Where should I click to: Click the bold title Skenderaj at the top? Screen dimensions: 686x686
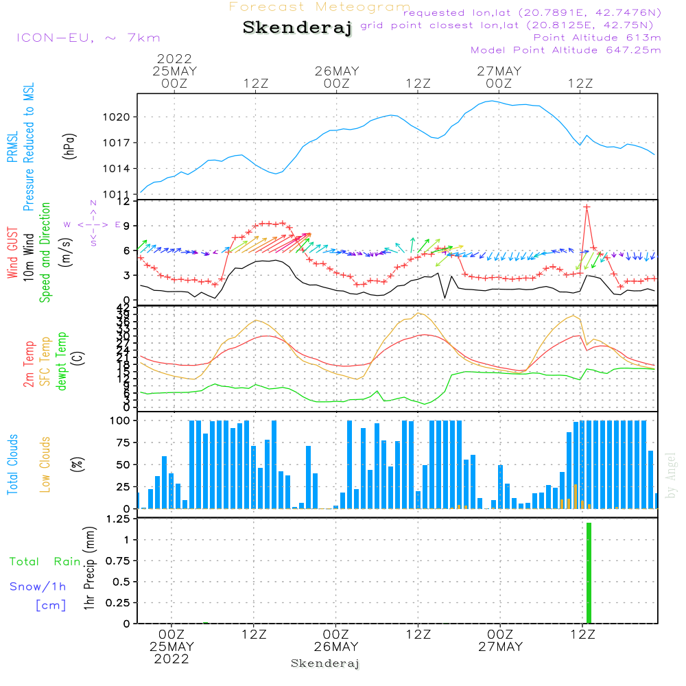pos(297,28)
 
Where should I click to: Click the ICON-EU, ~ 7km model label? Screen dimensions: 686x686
pos(88,38)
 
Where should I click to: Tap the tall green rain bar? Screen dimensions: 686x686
pos(589,573)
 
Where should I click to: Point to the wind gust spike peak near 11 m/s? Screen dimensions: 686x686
pos(587,206)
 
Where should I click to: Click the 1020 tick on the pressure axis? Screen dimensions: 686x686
pos(117,117)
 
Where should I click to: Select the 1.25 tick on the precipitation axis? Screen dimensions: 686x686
pos(117,519)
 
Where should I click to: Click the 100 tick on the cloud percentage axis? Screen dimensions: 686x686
pos(120,421)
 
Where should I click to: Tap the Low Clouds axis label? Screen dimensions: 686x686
pos(45,463)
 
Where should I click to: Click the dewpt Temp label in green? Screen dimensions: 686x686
pos(62,362)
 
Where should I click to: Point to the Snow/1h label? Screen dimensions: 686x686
pos(38,587)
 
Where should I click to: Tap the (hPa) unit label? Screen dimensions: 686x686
pos(69,146)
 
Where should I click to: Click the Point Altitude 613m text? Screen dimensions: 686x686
pos(597,37)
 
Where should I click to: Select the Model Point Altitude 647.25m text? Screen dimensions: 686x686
pos(566,49)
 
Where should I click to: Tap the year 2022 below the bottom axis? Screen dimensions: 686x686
pos(171,659)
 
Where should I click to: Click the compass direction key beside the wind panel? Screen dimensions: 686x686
pos(93,224)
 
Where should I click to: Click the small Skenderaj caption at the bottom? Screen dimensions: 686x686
pos(325,663)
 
